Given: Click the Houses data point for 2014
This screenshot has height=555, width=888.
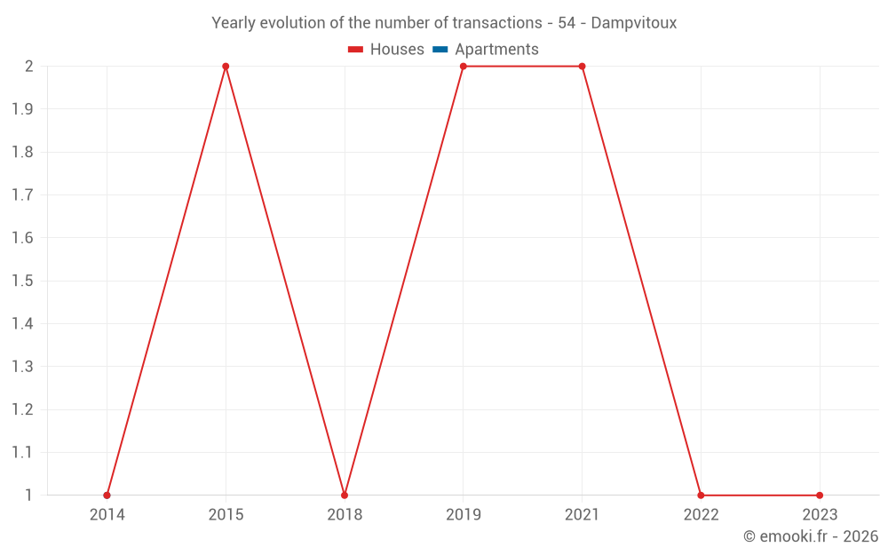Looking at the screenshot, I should pyautogui.click(x=107, y=496).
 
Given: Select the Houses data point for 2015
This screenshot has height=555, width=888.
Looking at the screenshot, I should pyautogui.click(x=226, y=67).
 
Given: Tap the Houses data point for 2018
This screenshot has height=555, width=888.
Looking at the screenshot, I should pyautogui.click(x=345, y=496).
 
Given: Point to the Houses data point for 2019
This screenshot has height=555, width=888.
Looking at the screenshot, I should pyautogui.click(x=464, y=67).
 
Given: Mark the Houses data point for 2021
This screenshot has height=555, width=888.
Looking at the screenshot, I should pyautogui.click(x=583, y=67).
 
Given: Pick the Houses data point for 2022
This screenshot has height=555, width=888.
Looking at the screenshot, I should pyautogui.click(x=701, y=496).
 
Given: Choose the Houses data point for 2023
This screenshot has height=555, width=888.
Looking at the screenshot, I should pyautogui.click(x=820, y=496).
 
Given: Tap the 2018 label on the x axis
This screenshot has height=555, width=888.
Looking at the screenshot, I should pyautogui.click(x=345, y=515).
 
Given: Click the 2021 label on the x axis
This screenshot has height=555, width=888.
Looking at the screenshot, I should pyautogui.click(x=583, y=515).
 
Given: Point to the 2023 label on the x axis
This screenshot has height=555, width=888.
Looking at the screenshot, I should pyautogui.click(x=820, y=515).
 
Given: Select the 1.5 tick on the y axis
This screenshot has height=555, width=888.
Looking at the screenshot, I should pyautogui.click(x=22, y=281).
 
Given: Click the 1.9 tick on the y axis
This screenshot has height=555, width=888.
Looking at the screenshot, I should pyautogui.click(x=22, y=109).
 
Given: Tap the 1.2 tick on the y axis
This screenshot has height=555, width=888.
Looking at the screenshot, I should pyautogui.click(x=22, y=409).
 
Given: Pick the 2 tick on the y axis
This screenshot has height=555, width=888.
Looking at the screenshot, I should pyautogui.click(x=28, y=67).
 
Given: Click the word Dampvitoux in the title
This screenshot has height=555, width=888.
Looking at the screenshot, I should pyautogui.click(x=634, y=23).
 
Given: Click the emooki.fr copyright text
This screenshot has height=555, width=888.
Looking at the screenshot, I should pyautogui.click(x=811, y=536).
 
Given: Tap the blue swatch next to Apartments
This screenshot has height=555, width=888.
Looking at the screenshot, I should pyautogui.click(x=440, y=50).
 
